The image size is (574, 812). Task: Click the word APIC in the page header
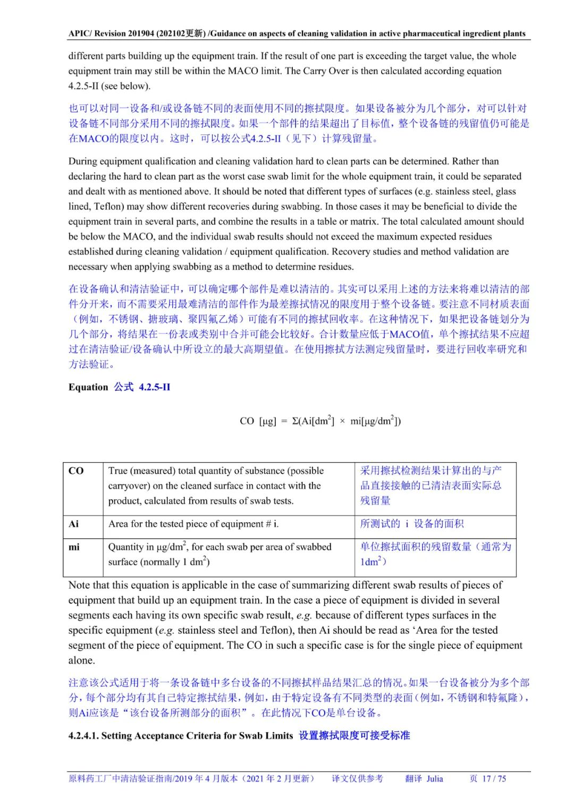click(79, 34)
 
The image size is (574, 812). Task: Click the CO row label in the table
click(76, 471)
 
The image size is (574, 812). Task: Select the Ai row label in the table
click(74, 524)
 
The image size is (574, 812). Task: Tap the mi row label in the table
click(74, 547)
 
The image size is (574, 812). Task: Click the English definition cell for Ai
click(193, 524)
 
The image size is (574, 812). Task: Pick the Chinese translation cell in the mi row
click(435, 554)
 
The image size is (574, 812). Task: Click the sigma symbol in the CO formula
click(296, 421)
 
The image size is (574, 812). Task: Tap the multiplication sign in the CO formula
click(342, 421)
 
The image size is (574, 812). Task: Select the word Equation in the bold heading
click(88, 387)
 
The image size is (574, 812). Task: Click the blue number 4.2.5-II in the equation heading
click(155, 387)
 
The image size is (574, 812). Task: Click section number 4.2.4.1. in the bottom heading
click(83, 736)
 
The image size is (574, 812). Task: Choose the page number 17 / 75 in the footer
click(494, 778)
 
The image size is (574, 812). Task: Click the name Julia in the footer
click(434, 778)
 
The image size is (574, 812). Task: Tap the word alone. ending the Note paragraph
click(82, 660)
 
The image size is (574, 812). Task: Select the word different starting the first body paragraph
click(86, 56)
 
